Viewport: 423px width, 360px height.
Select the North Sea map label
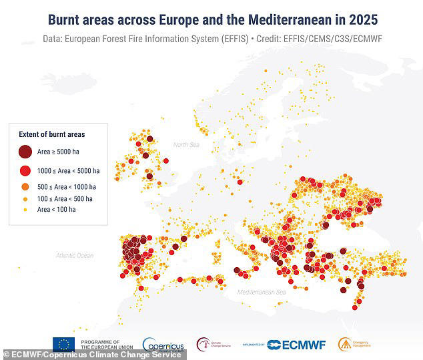point(186,145)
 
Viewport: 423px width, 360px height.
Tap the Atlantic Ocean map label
point(75,255)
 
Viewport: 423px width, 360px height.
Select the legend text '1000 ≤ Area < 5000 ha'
point(68,170)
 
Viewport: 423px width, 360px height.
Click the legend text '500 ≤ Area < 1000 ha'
point(67,186)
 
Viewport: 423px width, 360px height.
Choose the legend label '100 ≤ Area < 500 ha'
point(65,198)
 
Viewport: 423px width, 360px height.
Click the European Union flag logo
point(64,344)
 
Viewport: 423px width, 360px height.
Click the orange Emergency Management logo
point(345,344)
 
